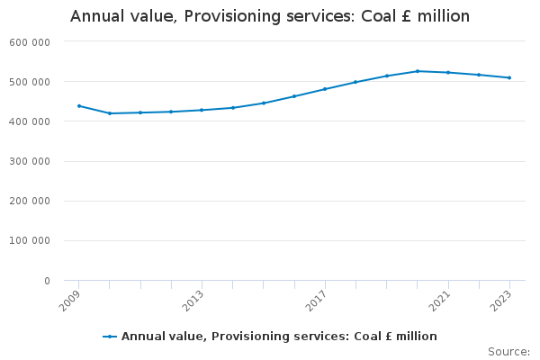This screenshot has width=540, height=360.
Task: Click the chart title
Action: pyautogui.click(x=270, y=17)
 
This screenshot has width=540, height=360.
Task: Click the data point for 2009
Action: pyautogui.click(x=79, y=106)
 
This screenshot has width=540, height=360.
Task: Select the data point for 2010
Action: pyautogui.click(x=110, y=113)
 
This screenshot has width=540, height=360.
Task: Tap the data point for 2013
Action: pyautogui.click(x=202, y=110)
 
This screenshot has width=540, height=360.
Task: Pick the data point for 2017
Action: pyautogui.click(x=325, y=89)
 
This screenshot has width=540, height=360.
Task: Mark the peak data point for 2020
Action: pyautogui.click(x=418, y=71)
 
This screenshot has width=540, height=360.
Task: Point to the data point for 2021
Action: pyautogui.click(x=448, y=72)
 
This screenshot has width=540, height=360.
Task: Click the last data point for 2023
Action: pyautogui.click(x=509, y=77)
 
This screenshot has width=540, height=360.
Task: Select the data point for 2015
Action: pyautogui.click(x=264, y=103)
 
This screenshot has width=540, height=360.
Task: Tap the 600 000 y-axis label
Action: pyautogui.click(x=31, y=42)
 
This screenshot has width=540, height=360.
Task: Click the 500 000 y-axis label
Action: pyautogui.click(x=31, y=82)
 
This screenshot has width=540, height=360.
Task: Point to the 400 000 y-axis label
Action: pyautogui.click(x=31, y=121)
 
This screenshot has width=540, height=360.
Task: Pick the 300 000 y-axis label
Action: pyautogui.click(x=31, y=162)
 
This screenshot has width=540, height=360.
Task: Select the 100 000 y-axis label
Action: pyautogui.click(x=31, y=241)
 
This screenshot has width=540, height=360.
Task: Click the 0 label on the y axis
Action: pyautogui.click(x=46, y=281)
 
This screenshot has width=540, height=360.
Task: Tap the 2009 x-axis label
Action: pyautogui.click(x=71, y=300)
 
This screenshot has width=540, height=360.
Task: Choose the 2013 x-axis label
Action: pyautogui.click(x=193, y=300)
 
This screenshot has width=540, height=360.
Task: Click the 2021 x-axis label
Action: pyautogui.click(x=440, y=300)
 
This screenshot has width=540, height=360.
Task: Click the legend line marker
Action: pyautogui.click(x=110, y=337)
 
